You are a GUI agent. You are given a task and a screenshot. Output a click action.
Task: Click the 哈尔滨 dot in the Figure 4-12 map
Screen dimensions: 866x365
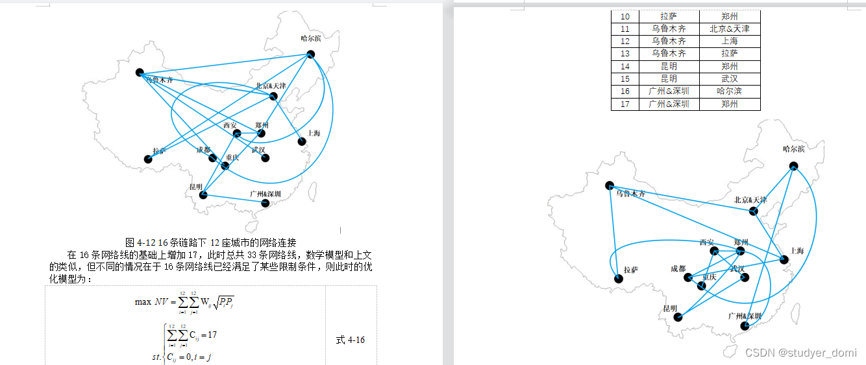311,54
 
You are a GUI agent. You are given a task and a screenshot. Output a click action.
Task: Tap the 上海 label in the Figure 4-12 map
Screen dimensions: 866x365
314,134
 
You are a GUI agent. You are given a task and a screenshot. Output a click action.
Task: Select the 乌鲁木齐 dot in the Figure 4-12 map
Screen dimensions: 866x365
140,72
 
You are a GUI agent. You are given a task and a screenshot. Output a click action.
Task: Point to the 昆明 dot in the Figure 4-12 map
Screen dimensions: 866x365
203,194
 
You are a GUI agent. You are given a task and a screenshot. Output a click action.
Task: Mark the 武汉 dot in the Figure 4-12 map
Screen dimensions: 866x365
265,158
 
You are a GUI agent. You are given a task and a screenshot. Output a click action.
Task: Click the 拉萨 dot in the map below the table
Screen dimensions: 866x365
618,279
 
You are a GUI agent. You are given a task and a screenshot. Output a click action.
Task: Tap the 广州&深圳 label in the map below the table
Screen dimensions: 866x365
744,316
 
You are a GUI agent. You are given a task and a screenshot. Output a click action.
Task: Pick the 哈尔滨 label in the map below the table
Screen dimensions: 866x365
793,149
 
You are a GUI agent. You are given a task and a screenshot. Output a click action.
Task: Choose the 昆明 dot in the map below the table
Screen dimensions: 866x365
678,317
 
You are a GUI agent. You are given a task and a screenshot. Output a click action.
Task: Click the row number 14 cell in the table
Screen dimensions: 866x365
625,66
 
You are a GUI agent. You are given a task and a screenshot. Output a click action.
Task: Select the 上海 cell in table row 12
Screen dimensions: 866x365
729,41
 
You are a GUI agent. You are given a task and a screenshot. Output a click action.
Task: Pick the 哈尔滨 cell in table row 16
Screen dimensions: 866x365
729,91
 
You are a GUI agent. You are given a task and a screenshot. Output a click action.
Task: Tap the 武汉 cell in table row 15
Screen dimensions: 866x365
729,78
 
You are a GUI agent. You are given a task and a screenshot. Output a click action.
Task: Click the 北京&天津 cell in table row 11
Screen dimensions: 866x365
729,29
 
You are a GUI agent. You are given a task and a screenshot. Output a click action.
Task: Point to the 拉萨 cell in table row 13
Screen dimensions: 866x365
729,53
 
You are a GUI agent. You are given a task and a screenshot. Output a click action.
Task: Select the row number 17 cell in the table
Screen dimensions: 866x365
625,104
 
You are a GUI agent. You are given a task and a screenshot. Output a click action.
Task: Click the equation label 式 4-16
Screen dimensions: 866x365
350,340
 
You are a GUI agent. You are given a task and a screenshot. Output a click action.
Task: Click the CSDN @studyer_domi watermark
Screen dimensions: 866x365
800,353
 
